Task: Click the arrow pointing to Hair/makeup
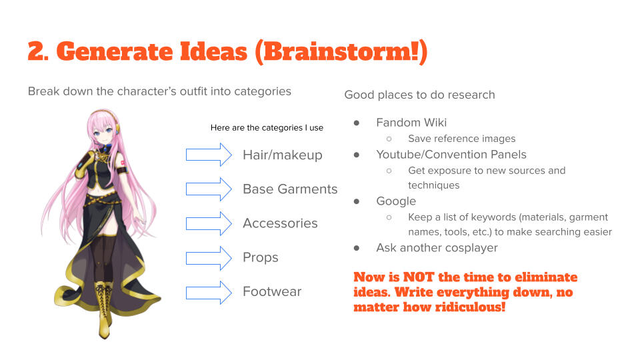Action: click(209, 155)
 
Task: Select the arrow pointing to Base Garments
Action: click(209, 189)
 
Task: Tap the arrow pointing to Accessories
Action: click(209, 223)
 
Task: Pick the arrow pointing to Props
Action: click(209, 257)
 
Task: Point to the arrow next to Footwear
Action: click(209, 291)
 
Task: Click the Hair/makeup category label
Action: click(282, 155)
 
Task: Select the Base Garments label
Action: click(290, 189)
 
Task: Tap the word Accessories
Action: click(280, 223)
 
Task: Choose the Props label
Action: click(261, 257)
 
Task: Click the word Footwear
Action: click(272, 291)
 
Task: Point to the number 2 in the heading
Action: click(37, 52)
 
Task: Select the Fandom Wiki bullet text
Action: click(411, 123)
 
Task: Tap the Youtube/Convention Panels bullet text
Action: click(451, 155)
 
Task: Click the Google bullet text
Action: click(396, 201)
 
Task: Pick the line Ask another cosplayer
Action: click(437, 248)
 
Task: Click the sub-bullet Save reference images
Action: click(461, 139)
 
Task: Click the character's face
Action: click(104, 131)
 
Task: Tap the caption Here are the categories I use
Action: click(267, 128)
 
